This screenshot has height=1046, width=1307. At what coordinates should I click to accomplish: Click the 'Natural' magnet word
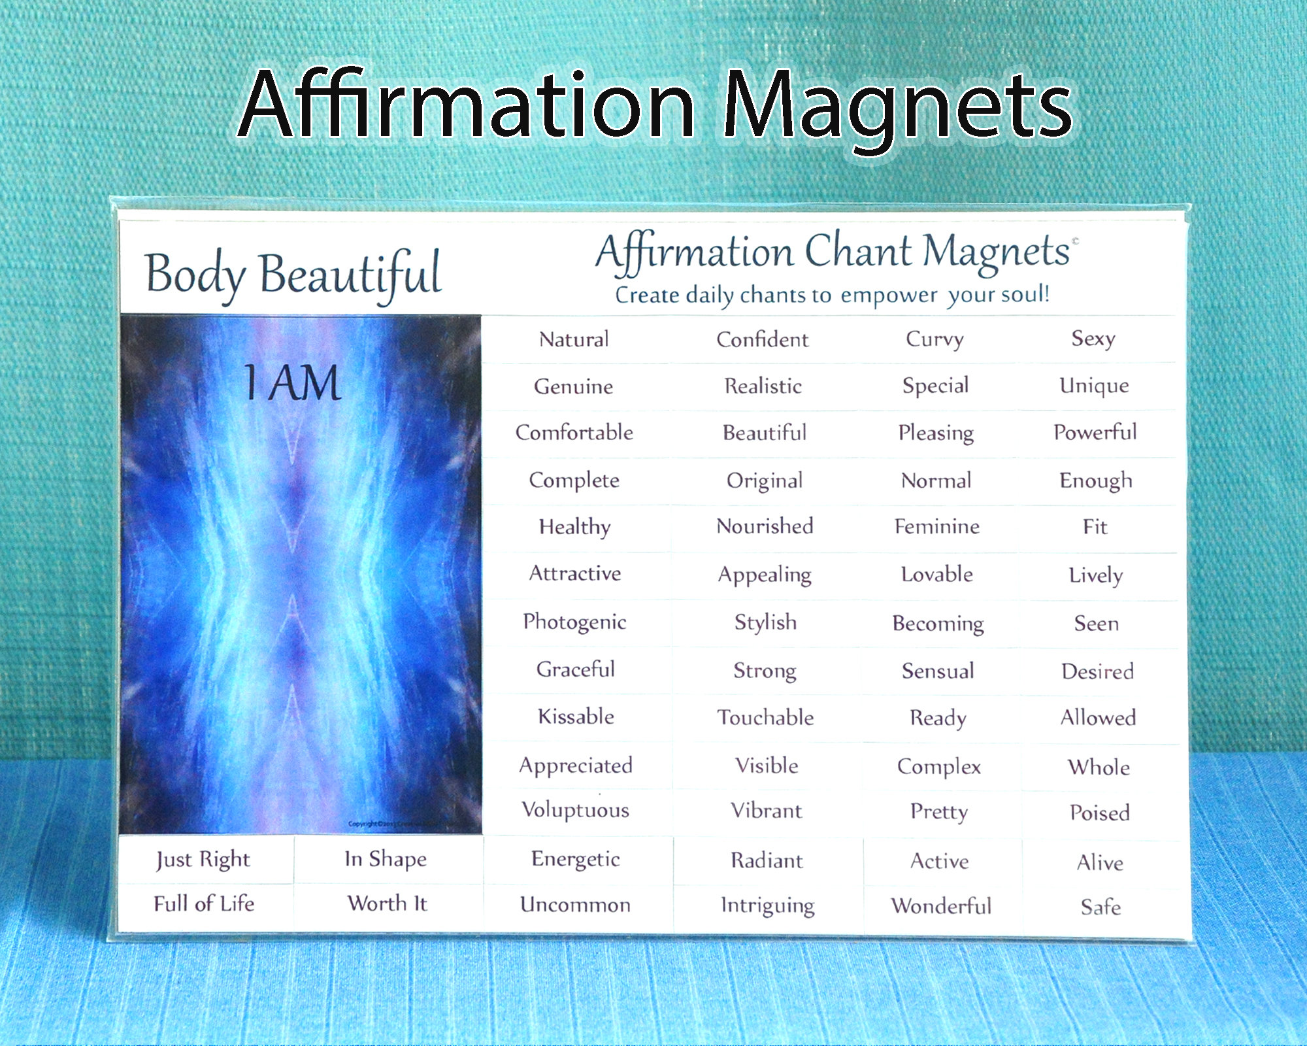click(574, 339)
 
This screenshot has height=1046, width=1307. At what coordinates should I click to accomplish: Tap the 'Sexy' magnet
click(1093, 339)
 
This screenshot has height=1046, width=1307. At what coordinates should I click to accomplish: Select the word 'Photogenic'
click(574, 622)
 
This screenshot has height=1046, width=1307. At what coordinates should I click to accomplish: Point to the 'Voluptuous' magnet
click(575, 810)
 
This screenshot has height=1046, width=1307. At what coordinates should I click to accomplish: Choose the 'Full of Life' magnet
click(204, 904)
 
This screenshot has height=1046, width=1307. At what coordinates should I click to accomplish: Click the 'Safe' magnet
click(1100, 907)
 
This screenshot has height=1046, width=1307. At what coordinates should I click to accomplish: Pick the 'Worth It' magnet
click(387, 903)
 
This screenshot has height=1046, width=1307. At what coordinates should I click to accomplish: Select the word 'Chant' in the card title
click(858, 252)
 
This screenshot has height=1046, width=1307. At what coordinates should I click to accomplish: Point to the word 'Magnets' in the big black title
click(899, 108)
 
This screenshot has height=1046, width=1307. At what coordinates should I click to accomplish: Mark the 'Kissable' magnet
click(576, 717)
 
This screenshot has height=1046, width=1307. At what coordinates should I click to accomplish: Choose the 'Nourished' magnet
click(765, 526)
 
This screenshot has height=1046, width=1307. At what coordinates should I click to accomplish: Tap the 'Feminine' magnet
click(936, 527)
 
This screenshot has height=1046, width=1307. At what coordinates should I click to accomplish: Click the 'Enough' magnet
click(1096, 481)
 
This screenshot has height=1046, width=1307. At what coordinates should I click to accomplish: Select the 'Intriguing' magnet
click(767, 906)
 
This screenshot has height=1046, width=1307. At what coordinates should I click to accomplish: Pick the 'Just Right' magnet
click(203, 860)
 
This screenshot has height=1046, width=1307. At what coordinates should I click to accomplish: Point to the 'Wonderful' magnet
click(941, 906)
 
